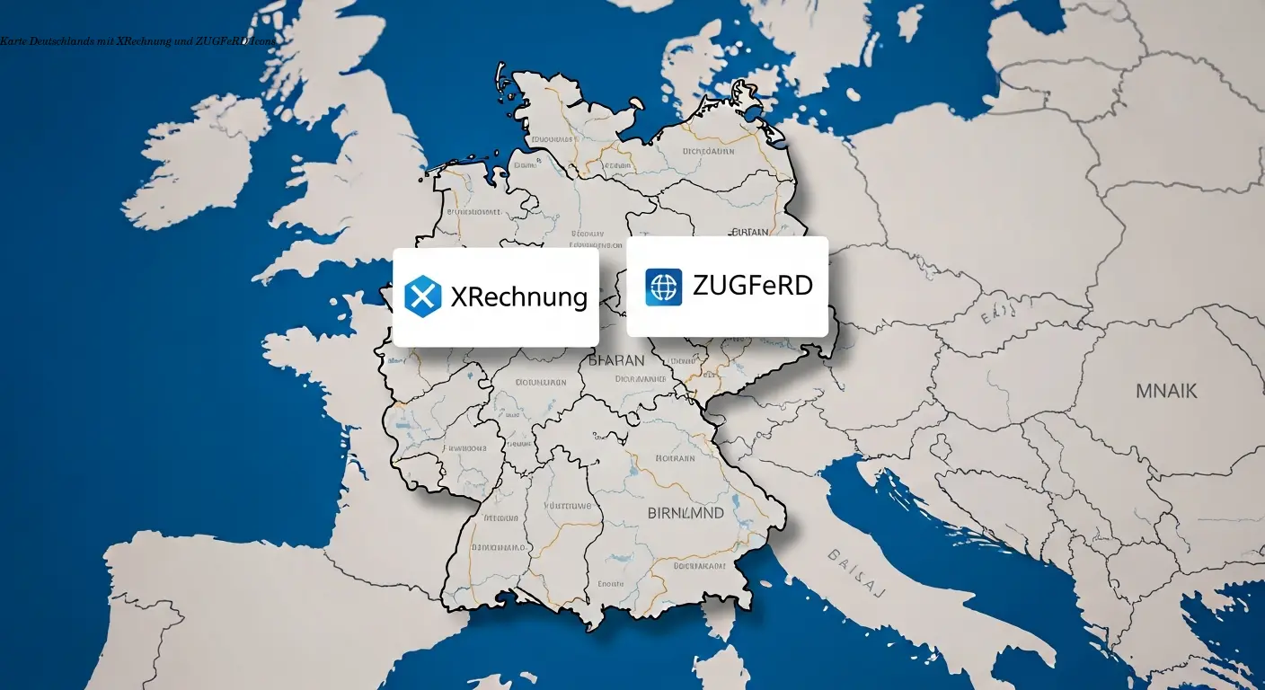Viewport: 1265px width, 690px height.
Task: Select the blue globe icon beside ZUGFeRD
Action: tap(664, 287)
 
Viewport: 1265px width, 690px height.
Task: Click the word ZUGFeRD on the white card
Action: tap(753, 286)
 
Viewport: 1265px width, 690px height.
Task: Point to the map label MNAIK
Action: tap(1166, 391)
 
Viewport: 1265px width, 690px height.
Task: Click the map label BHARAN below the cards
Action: tap(616, 360)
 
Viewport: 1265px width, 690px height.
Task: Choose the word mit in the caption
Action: tap(105, 41)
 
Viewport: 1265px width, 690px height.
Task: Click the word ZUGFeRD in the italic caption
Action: tap(221, 41)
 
